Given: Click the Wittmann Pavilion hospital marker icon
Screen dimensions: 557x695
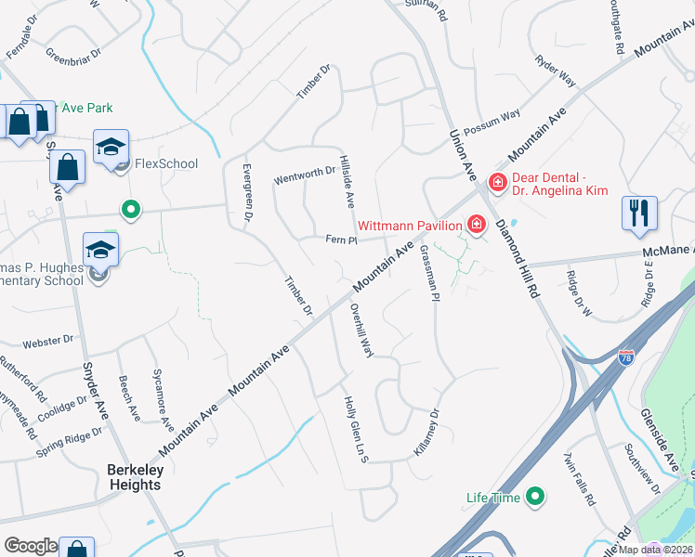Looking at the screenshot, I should [477, 225].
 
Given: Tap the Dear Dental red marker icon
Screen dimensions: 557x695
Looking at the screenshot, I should [498, 182].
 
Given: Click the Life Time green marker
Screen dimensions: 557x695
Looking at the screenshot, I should [534, 498].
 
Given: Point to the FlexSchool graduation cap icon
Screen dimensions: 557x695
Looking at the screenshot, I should [111, 149].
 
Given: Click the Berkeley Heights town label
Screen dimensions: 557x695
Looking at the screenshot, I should [136, 477].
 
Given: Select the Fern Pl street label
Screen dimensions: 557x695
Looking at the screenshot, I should [341, 240].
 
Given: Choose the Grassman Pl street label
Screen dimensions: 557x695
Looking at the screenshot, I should [428, 273].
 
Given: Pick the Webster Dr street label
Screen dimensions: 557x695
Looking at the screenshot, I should [48, 342].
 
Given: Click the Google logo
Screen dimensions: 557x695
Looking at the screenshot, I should [30, 546].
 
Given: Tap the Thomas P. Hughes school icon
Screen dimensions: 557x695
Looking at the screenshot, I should [100, 249].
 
